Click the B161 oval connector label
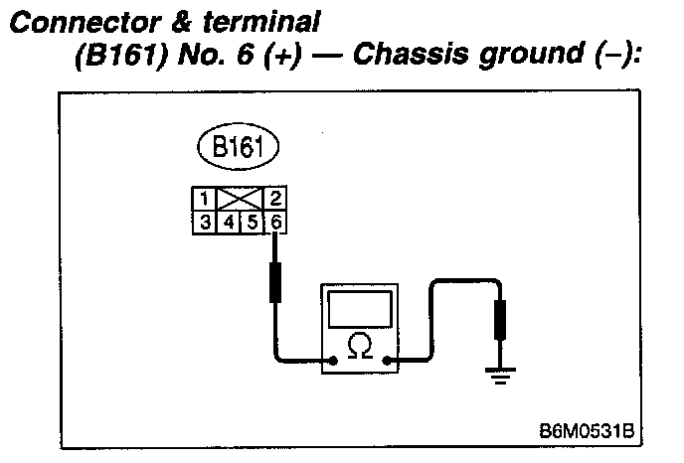(239, 149)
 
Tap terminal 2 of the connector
(275, 197)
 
